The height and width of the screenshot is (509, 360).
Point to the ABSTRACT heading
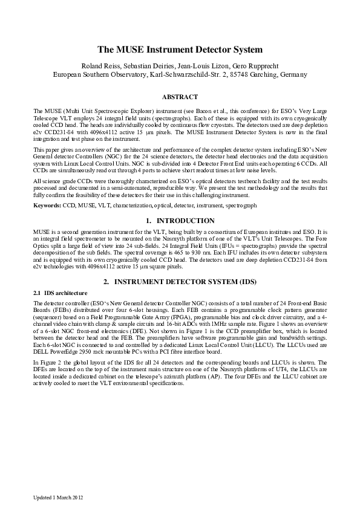pos(180,97)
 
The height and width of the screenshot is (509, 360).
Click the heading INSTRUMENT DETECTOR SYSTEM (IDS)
pos(186,282)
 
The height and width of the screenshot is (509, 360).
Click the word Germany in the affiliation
pos(295,74)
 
